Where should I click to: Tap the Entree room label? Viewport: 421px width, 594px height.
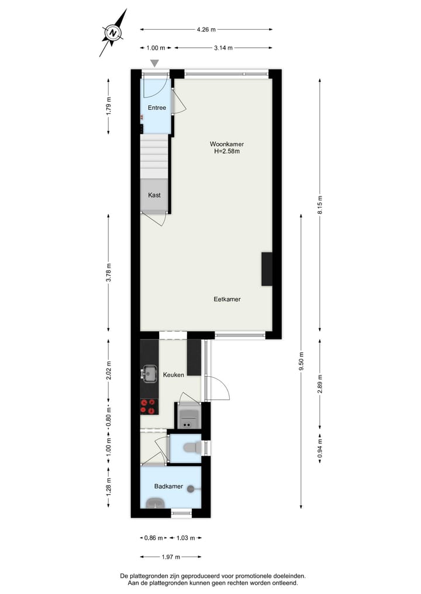tap(157, 108)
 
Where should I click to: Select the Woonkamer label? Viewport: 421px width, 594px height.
tap(227, 144)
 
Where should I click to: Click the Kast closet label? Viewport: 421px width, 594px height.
tap(154, 195)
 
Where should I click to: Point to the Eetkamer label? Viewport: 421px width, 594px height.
tap(227, 299)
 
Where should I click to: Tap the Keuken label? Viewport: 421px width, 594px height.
tap(174, 375)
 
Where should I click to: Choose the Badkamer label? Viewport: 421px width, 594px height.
tap(169, 487)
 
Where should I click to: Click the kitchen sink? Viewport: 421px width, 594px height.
tap(150, 372)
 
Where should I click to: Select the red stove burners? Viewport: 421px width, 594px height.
tap(149, 406)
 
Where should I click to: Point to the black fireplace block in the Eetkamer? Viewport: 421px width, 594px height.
tap(267, 269)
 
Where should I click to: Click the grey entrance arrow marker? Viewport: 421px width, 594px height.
tap(154, 63)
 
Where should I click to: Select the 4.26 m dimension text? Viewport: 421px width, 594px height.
tap(206, 29)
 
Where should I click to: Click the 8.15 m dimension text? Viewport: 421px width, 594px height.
tap(319, 204)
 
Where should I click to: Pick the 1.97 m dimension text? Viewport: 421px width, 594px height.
tap(170, 557)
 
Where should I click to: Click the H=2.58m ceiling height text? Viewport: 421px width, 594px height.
tap(227, 151)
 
